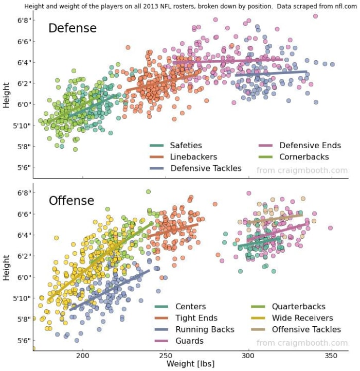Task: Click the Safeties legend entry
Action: pos(186,146)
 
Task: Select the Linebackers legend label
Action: pos(193,157)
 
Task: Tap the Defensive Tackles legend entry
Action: pos(206,168)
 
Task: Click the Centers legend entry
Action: pos(190,307)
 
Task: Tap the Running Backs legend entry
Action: pos(205,330)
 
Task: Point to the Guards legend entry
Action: pos(189,341)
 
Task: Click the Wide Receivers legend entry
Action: pos(302,319)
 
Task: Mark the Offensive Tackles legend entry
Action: pos(306,330)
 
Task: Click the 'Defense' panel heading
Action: pos(72,28)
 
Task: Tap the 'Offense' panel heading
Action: pos(71,200)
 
